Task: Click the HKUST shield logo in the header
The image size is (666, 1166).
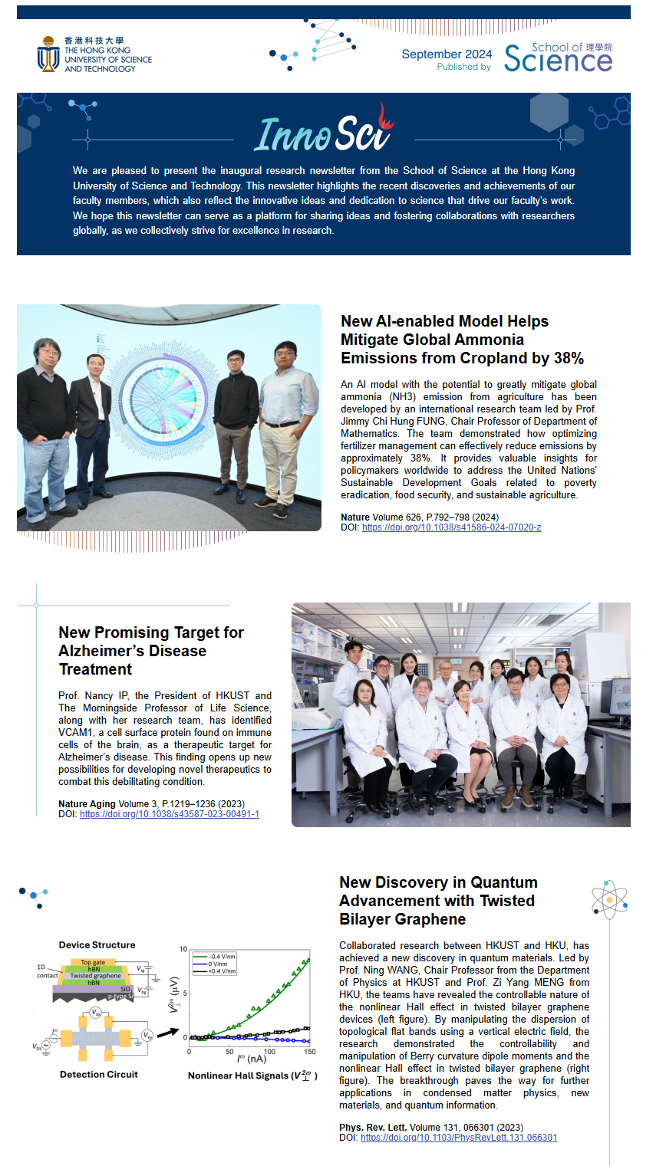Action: point(48,54)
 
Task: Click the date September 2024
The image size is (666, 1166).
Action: point(447,54)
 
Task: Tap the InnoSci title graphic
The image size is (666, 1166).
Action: point(323,134)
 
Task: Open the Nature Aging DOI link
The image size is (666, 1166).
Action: point(169,814)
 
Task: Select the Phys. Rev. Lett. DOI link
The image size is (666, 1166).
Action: point(459,1138)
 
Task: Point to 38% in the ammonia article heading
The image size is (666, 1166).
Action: point(566,358)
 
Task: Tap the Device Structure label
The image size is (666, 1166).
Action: point(97,944)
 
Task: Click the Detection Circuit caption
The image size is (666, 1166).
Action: point(99,1074)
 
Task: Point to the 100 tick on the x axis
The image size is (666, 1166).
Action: point(270,1051)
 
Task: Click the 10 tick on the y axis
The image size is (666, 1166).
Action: point(183,949)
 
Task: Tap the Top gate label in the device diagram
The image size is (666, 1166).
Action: point(93,962)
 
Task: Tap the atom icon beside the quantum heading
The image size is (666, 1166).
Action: point(609,899)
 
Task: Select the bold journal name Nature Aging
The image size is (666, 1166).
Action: point(87,804)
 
